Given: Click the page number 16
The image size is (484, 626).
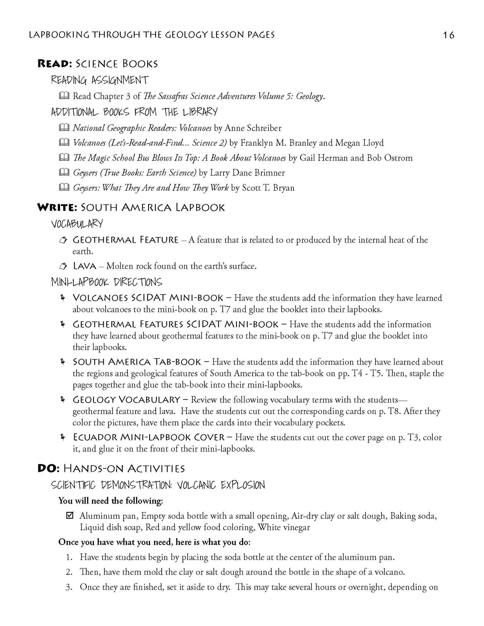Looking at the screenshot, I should coord(448,35).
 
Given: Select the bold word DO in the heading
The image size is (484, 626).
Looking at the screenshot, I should coord(46,468).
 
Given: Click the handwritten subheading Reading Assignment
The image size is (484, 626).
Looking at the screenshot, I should coord(100,80).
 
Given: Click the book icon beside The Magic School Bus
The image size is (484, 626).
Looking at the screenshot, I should coord(64,158).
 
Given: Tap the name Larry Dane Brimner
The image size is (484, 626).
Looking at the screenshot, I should coord(247,173).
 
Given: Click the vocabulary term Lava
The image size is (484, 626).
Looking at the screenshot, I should coord(85,266).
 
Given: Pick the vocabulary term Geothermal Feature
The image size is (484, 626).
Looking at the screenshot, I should coord(125,240).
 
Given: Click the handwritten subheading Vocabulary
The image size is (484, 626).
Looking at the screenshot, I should coord(77,224).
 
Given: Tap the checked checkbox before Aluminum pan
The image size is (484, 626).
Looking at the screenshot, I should coord(70,516).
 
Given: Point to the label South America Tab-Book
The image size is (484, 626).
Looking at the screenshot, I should coord(138,362).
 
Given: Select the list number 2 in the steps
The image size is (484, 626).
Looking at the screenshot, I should coord(69,572).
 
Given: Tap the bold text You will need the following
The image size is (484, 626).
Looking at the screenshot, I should coord(111,501).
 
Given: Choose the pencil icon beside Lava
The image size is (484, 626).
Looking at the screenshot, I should coord(63,266).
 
